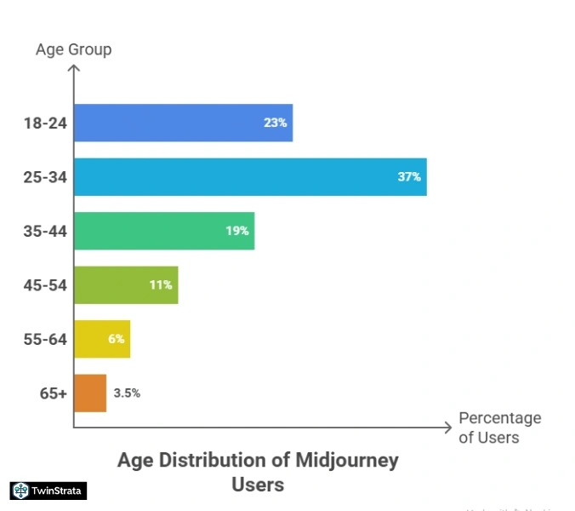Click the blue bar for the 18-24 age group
(x=183, y=123)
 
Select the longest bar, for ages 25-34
(x=250, y=177)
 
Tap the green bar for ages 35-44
(x=164, y=231)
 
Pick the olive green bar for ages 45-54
(x=126, y=284)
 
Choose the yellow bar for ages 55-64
(x=101, y=339)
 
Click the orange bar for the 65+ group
(x=90, y=393)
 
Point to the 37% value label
(x=408, y=177)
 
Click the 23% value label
(x=275, y=123)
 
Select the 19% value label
(x=236, y=231)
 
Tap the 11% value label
(x=161, y=284)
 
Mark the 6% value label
(x=117, y=339)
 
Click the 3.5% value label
(x=127, y=393)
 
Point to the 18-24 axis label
(x=44, y=123)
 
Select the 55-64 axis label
(x=44, y=339)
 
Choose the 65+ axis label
(x=52, y=393)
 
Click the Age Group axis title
(x=73, y=49)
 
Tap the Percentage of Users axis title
(x=499, y=428)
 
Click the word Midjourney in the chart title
(x=346, y=461)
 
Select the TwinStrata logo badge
(x=48, y=491)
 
